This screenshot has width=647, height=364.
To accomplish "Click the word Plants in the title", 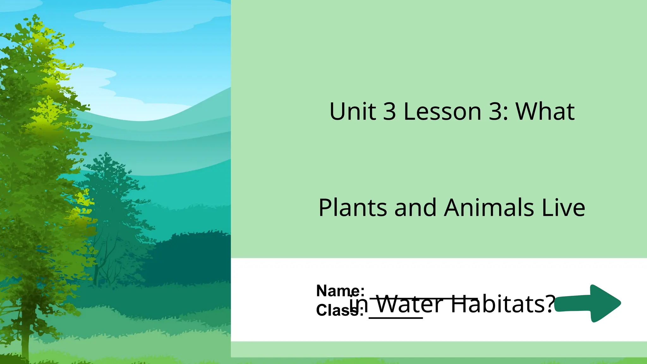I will tap(353, 208).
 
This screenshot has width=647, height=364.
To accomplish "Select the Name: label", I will tap(340, 291).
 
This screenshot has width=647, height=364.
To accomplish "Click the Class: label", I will tap(340, 310).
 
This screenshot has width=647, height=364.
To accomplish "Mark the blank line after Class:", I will tap(396, 318).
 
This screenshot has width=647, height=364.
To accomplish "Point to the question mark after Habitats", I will tap(550, 304).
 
